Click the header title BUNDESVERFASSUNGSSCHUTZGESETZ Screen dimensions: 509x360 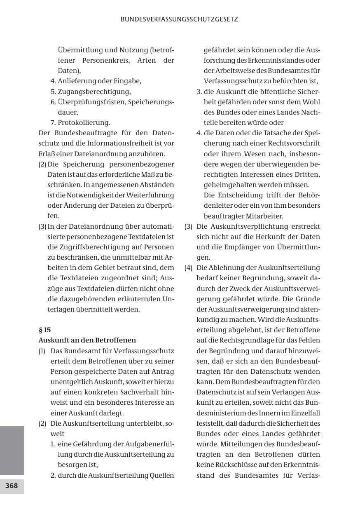[179, 19]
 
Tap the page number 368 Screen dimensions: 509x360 [12, 486]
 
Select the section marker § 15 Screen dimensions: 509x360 [44, 330]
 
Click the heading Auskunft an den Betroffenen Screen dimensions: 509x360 [87, 340]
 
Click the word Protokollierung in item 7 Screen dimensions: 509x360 [84, 122]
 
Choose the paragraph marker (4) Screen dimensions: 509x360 [188, 267]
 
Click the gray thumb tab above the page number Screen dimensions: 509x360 [12, 450]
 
